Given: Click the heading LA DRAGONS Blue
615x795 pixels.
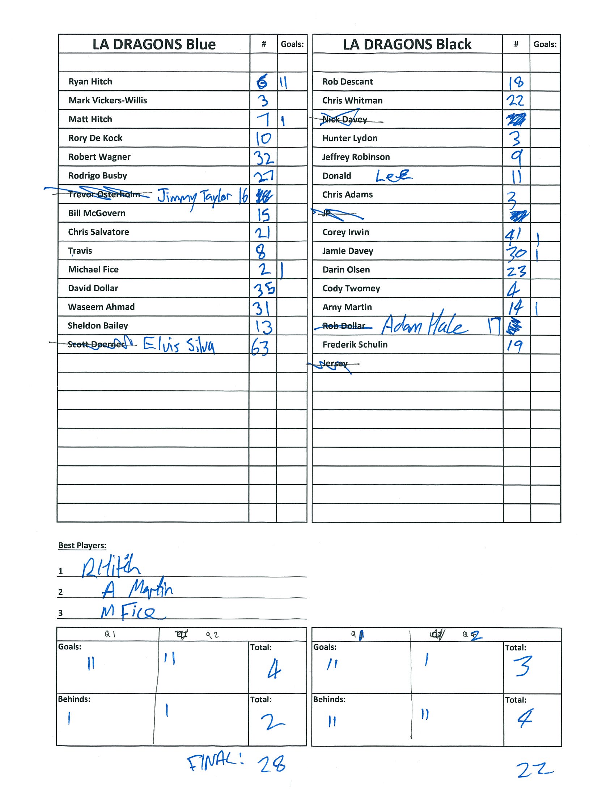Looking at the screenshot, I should [154, 44].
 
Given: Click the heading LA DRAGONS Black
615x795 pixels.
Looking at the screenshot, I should [407, 44].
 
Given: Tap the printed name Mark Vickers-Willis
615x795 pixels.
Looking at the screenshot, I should [107, 100].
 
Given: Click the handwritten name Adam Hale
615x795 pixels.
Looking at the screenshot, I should [424, 325].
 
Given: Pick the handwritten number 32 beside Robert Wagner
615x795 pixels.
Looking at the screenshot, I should [263, 158].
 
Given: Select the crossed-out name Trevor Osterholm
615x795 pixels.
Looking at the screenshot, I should [104, 194].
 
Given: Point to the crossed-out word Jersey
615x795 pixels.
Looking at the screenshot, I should [335, 364].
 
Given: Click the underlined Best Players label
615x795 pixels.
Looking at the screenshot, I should [82, 545].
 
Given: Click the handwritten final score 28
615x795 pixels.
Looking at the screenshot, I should [272, 764].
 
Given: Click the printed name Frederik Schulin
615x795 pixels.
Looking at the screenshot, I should [355, 345].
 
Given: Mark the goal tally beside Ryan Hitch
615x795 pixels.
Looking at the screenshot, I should [284, 83].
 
